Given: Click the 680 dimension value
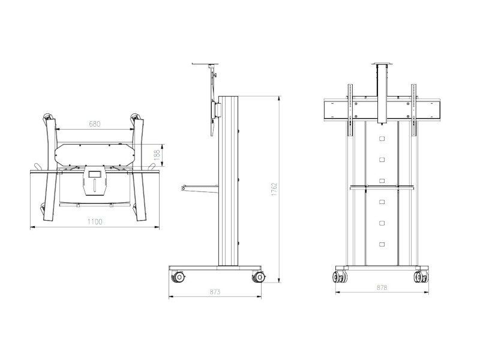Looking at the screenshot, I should click(x=95, y=124).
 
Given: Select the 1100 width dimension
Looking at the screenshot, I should click(x=95, y=221).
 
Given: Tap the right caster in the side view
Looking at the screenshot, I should click(x=259, y=277).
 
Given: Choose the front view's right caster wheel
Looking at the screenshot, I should click(x=420, y=277).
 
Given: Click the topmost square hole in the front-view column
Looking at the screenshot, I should click(x=381, y=139).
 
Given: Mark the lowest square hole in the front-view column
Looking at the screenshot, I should click(x=381, y=244).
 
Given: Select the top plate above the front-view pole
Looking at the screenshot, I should click(x=380, y=62).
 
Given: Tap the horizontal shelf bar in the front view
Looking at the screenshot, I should click(x=381, y=187).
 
